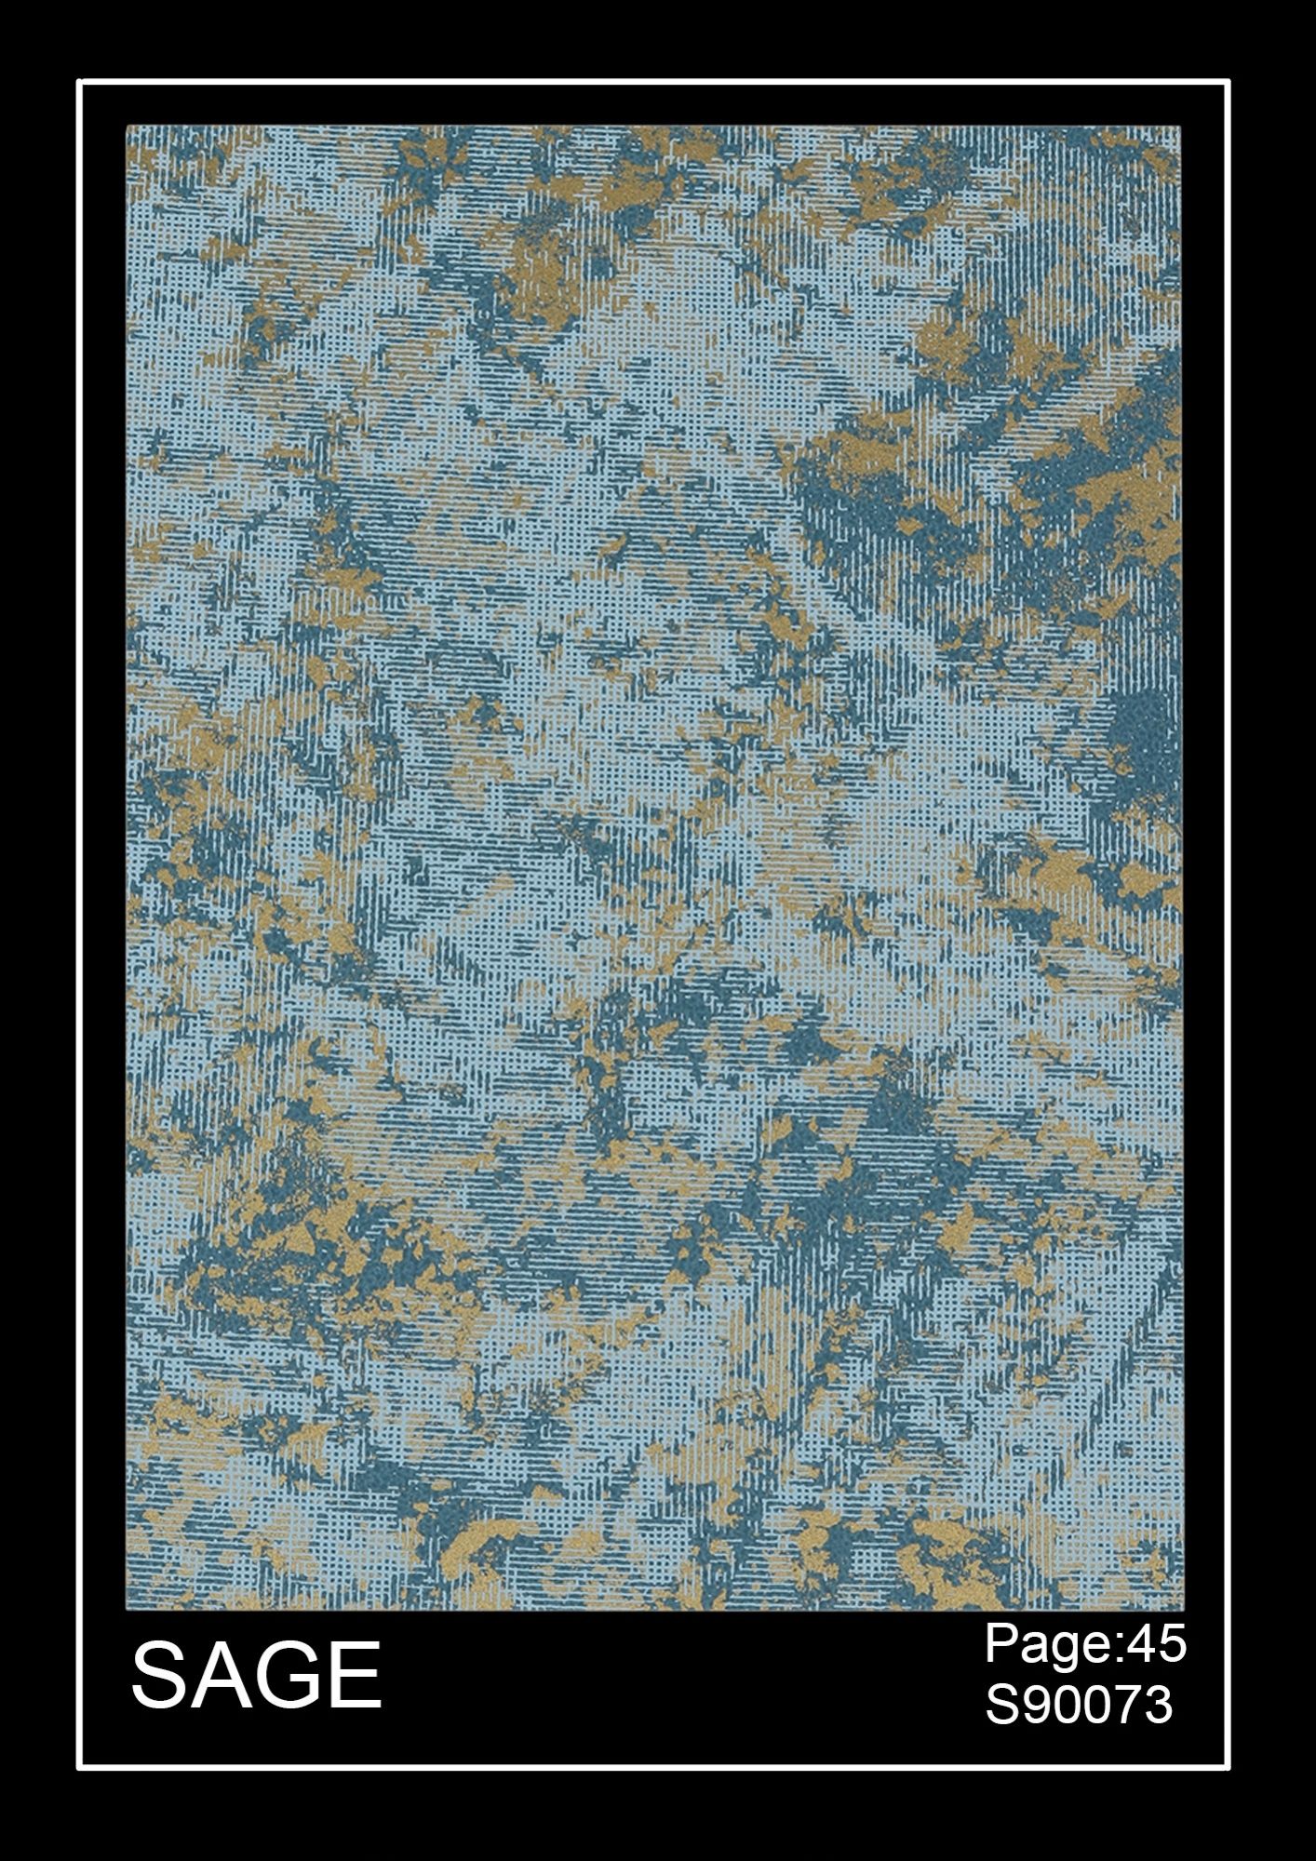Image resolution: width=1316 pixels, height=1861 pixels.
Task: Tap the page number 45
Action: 1157,1645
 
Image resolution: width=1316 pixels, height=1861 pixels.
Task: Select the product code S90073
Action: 1079,1706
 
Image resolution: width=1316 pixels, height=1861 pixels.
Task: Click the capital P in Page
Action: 1001,1645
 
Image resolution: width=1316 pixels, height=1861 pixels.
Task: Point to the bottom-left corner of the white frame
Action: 79,1766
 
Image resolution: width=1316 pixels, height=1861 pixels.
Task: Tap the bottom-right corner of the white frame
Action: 1229,1766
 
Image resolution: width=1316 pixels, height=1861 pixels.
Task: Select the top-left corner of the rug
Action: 127,127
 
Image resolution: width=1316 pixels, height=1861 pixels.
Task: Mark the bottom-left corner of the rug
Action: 127,1609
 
